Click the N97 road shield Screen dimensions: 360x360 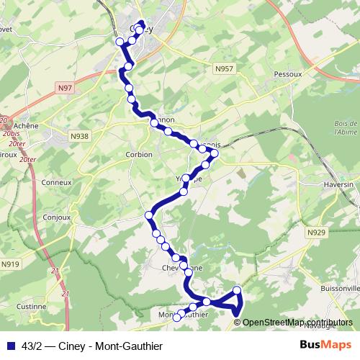pyautogui.click(x=65, y=87)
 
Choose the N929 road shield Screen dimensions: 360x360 pyautogui.click(x=316, y=233)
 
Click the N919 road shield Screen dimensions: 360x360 pyautogui.click(x=10, y=264)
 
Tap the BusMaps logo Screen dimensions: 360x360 pyautogui.click(x=325, y=345)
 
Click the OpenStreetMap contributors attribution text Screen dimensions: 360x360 pyautogui.click(x=299, y=322)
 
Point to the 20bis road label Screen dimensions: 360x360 pyautogui.click(x=12, y=133)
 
